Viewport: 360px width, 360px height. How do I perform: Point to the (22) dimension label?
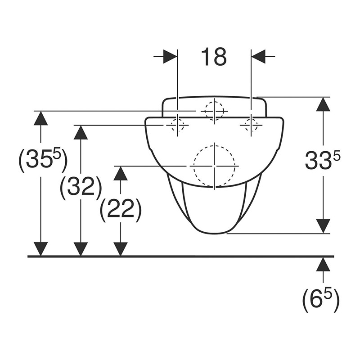(x=120, y=211)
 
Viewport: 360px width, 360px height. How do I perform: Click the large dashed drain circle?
(x=214, y=166)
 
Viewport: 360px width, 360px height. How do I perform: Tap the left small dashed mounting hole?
(x=177, y=126)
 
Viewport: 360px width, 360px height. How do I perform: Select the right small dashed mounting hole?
(x=251, y=126)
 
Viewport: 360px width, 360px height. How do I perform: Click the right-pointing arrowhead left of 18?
(x=170, y=57)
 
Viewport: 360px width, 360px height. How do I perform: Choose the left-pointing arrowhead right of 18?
(x=258, y=57)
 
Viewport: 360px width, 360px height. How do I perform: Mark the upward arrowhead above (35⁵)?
(x=40, y=118)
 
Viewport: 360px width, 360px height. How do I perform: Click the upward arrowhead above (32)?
(x=81, y=132)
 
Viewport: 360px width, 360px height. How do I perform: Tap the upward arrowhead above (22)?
(x=121, y=173)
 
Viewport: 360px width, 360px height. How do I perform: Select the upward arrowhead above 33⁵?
(x=323, y=104)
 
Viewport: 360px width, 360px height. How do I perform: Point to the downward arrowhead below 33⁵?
(x=323, y=226)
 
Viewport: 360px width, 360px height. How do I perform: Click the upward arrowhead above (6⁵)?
(x=323, y=264)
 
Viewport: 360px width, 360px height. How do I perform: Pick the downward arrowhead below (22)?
(x=121, y=249)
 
